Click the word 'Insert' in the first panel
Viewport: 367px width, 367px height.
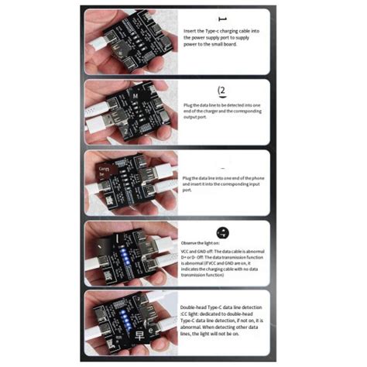pos(190,30)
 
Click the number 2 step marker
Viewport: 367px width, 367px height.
pos(223,90)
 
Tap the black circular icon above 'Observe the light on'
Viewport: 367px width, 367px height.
pos(223,232)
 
